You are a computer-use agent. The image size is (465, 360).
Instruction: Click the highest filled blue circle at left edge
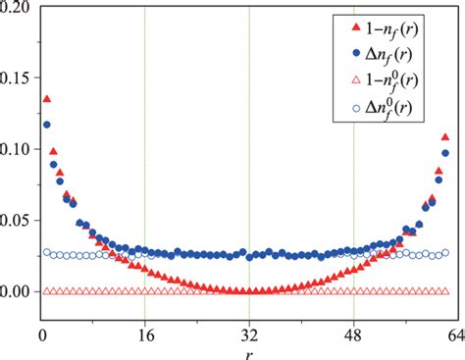47,125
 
